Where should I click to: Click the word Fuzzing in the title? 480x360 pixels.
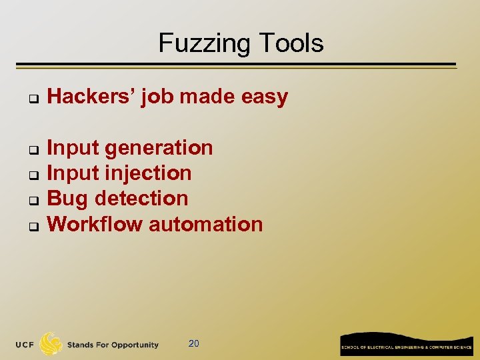pos(199,43)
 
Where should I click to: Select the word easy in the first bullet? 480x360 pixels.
pos(265,97)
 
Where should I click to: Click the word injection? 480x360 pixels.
pos(149,173)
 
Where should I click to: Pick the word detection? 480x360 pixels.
pos(142,199)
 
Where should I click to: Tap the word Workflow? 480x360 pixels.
pos(95,224)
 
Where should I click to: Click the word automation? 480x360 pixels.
pos(206,224)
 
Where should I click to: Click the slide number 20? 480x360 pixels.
pos(193,344)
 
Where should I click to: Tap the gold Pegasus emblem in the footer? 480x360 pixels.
pos(51,343)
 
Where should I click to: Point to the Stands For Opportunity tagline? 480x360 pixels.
pos(113,345)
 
